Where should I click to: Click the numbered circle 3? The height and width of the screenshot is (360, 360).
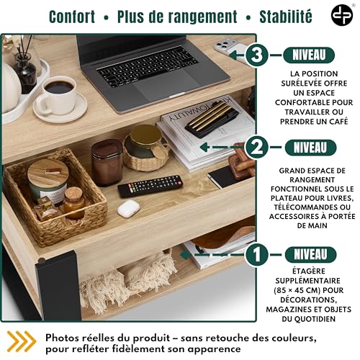tap(257, 55)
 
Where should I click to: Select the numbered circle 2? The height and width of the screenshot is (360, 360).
tap(257, 148)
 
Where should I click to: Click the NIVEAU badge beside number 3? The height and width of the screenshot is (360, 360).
tap(310, 55)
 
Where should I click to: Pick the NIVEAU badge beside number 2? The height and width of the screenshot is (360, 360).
tap(310, 148)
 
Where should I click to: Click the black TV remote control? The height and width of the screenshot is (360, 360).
tap(150, 185)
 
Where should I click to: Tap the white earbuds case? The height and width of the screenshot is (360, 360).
tap(128, 210)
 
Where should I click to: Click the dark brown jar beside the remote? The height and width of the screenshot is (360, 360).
tap(107, 162)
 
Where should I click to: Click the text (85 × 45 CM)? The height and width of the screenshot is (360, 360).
tap(310, 293)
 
